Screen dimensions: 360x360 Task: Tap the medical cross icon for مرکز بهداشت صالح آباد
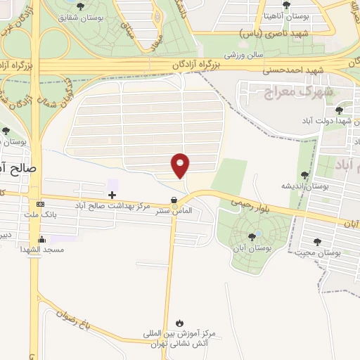click(x=112, y=194)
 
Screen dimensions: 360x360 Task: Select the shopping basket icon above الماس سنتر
click(x=174, y=200)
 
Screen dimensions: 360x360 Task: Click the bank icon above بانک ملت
click(x=40, y=205)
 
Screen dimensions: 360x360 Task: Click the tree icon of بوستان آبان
click(x=252, y=237)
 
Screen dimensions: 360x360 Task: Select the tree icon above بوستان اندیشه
click(x=304, y=175)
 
